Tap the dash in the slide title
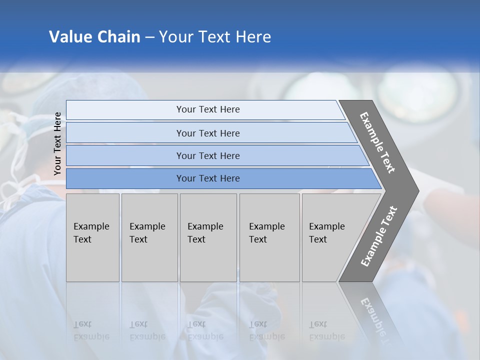(x=149, y=37)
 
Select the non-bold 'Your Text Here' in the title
(x=215, y=37)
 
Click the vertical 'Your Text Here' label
(x=57, y=144)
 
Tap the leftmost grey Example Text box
(x=92, y=237)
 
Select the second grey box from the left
(x=149, y=237)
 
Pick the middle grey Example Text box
(x=208, y=237)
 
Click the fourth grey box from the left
(x=269, y=237)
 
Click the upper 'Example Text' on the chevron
(x=377, y=142)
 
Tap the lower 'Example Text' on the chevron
(x=378, y=236)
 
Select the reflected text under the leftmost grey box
(x=91, y=330)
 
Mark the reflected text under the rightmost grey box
(x=326, y=330)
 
